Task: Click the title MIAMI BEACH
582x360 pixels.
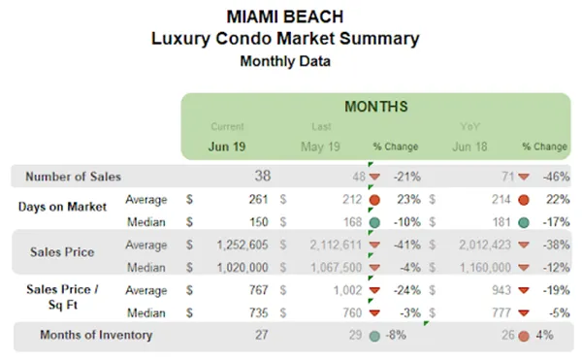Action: pyautogui.click(x=284, y=16)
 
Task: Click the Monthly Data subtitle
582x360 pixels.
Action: pyautogui.click(x=284, y=60)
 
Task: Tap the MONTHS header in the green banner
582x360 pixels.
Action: pyautogui.click(x=374, y=106)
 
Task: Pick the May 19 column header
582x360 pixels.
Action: pyautogui.click(x=322, y=147)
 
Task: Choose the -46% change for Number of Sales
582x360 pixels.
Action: pyautogui.click(x=550, y=177)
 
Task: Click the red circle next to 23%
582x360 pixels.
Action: pyautogui.click(x=374, y=200)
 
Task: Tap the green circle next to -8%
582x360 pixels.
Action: pyautogui.click(x=374, y=336)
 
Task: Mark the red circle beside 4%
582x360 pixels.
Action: pyautogui.click(x=523, y=336)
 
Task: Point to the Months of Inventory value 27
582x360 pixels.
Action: pyautogui.click(x=258, y=335)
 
